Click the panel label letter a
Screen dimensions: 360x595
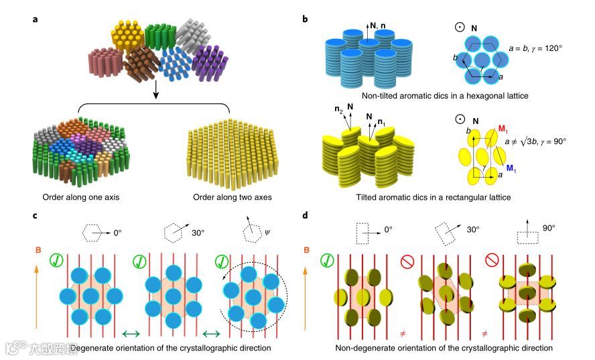[x=35, y=19]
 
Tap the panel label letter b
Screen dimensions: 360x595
[x=306, y=19]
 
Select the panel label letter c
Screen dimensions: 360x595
[x=35, y=216]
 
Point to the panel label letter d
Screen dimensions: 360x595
[x=306, y=216]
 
